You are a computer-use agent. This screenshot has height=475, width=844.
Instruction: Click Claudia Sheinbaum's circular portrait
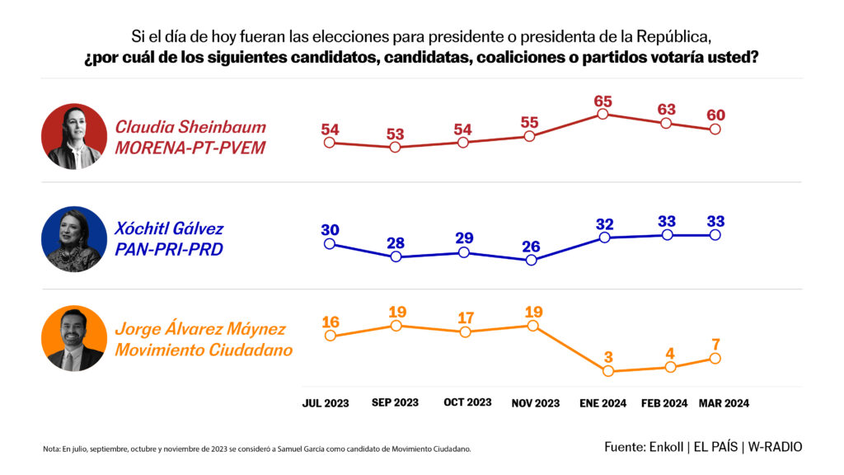tap(74, 137)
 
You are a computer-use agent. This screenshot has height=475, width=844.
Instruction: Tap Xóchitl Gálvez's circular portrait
tap(74, 239)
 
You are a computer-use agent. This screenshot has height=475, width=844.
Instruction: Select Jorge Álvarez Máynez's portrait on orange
tap(74, 338)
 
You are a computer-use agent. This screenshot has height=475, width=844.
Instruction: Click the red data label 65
tap(603, 101)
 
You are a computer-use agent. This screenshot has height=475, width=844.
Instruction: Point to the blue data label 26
tap(530, 246)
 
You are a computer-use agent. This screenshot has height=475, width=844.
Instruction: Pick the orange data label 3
tap(608, 356)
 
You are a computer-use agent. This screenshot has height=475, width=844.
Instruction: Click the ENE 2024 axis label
tap(603, 403)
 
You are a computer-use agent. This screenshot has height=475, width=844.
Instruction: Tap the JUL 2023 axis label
tap(325, 403)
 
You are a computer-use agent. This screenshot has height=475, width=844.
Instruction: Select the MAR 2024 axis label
tap(724, 403)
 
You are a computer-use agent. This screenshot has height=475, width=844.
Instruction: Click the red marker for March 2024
tap(715, 129)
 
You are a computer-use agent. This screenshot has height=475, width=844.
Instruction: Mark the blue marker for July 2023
tap(330, 243)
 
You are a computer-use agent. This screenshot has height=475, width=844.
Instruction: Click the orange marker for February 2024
tap(670, 367)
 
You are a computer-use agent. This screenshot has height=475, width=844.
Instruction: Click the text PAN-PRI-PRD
tap(169, 249)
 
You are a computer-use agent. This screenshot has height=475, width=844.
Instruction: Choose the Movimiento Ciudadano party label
tap(204, 350)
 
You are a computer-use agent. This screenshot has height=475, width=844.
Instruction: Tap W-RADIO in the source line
tap(775, 446)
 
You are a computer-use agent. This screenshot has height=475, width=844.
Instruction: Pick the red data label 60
tap(715, 115)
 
